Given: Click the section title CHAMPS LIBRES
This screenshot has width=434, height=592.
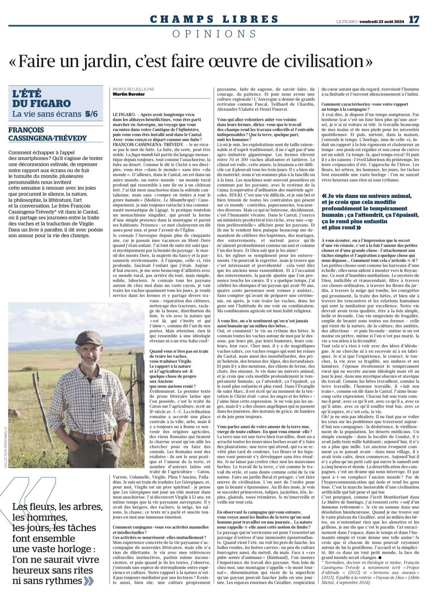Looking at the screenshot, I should click(x=214, y=19).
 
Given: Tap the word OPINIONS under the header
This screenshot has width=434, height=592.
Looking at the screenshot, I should click(x=214, y=34).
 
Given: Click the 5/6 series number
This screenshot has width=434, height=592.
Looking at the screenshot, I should click(x=91, y=114).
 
